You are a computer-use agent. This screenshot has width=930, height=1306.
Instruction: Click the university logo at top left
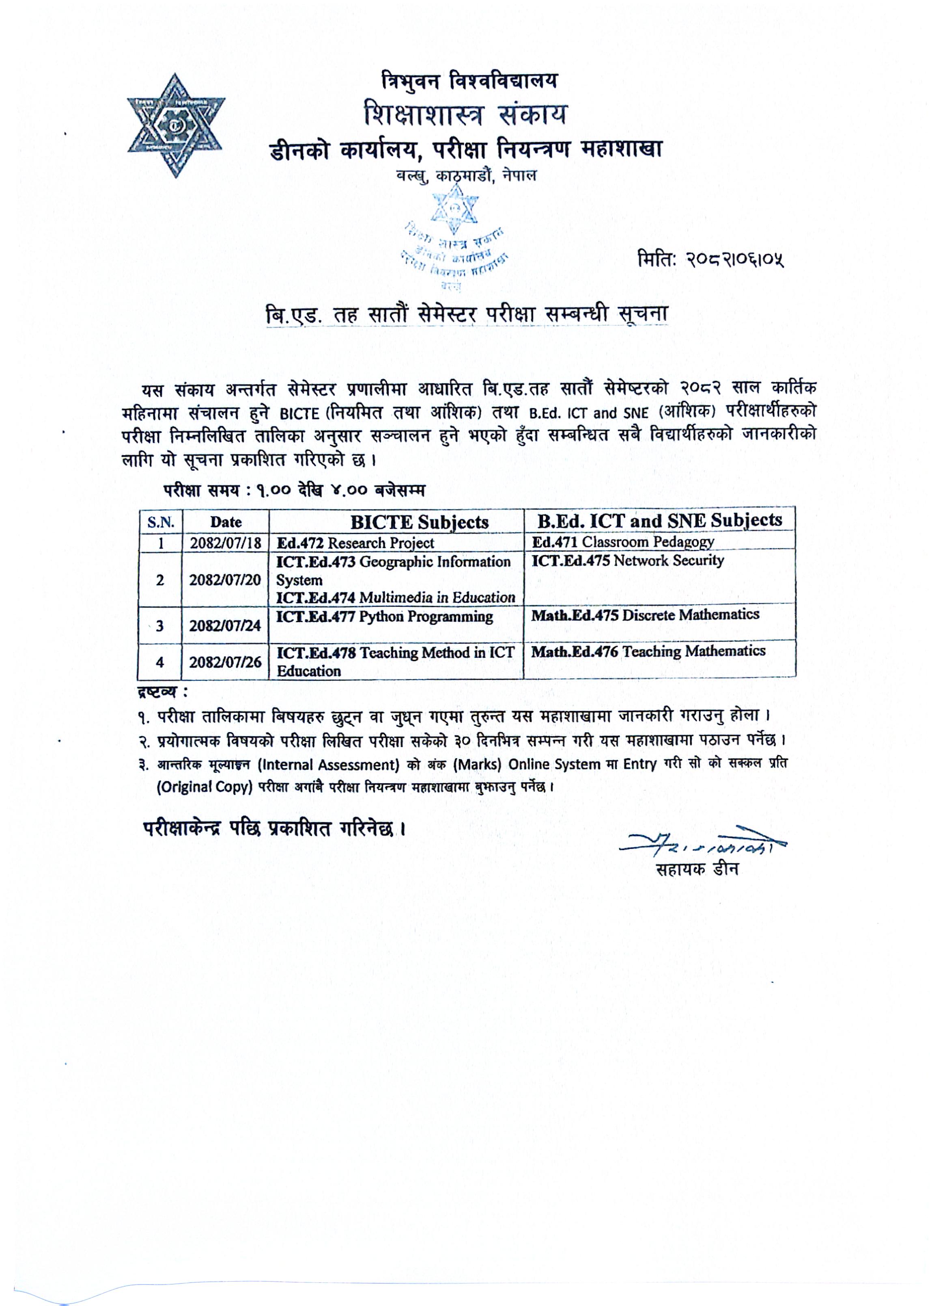coord(176,125)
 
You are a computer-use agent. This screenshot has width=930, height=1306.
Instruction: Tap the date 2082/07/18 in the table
coord(225,543)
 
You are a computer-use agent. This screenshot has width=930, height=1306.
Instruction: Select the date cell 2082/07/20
coord(225,580)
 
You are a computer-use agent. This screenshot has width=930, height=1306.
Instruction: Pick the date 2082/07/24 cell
coord(225,625)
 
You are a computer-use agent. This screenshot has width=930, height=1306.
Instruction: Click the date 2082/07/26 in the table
coord(225,662)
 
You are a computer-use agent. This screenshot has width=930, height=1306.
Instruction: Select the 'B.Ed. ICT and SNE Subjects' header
coord(659,520)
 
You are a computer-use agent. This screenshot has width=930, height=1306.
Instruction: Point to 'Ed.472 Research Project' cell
coord(355,543)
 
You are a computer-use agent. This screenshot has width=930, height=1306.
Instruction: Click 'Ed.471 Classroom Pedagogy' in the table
coord(623,542)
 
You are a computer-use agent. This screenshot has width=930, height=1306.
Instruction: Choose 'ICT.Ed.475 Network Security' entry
coord(628,560)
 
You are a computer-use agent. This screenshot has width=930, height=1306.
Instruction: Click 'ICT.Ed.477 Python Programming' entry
coord(384,616)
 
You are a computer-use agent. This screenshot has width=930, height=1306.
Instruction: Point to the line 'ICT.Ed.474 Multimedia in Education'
coord(396,597)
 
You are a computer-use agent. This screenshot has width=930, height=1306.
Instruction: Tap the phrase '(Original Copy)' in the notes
coord(205,787)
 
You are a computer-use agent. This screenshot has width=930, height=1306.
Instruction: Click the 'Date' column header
coord(226,522)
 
